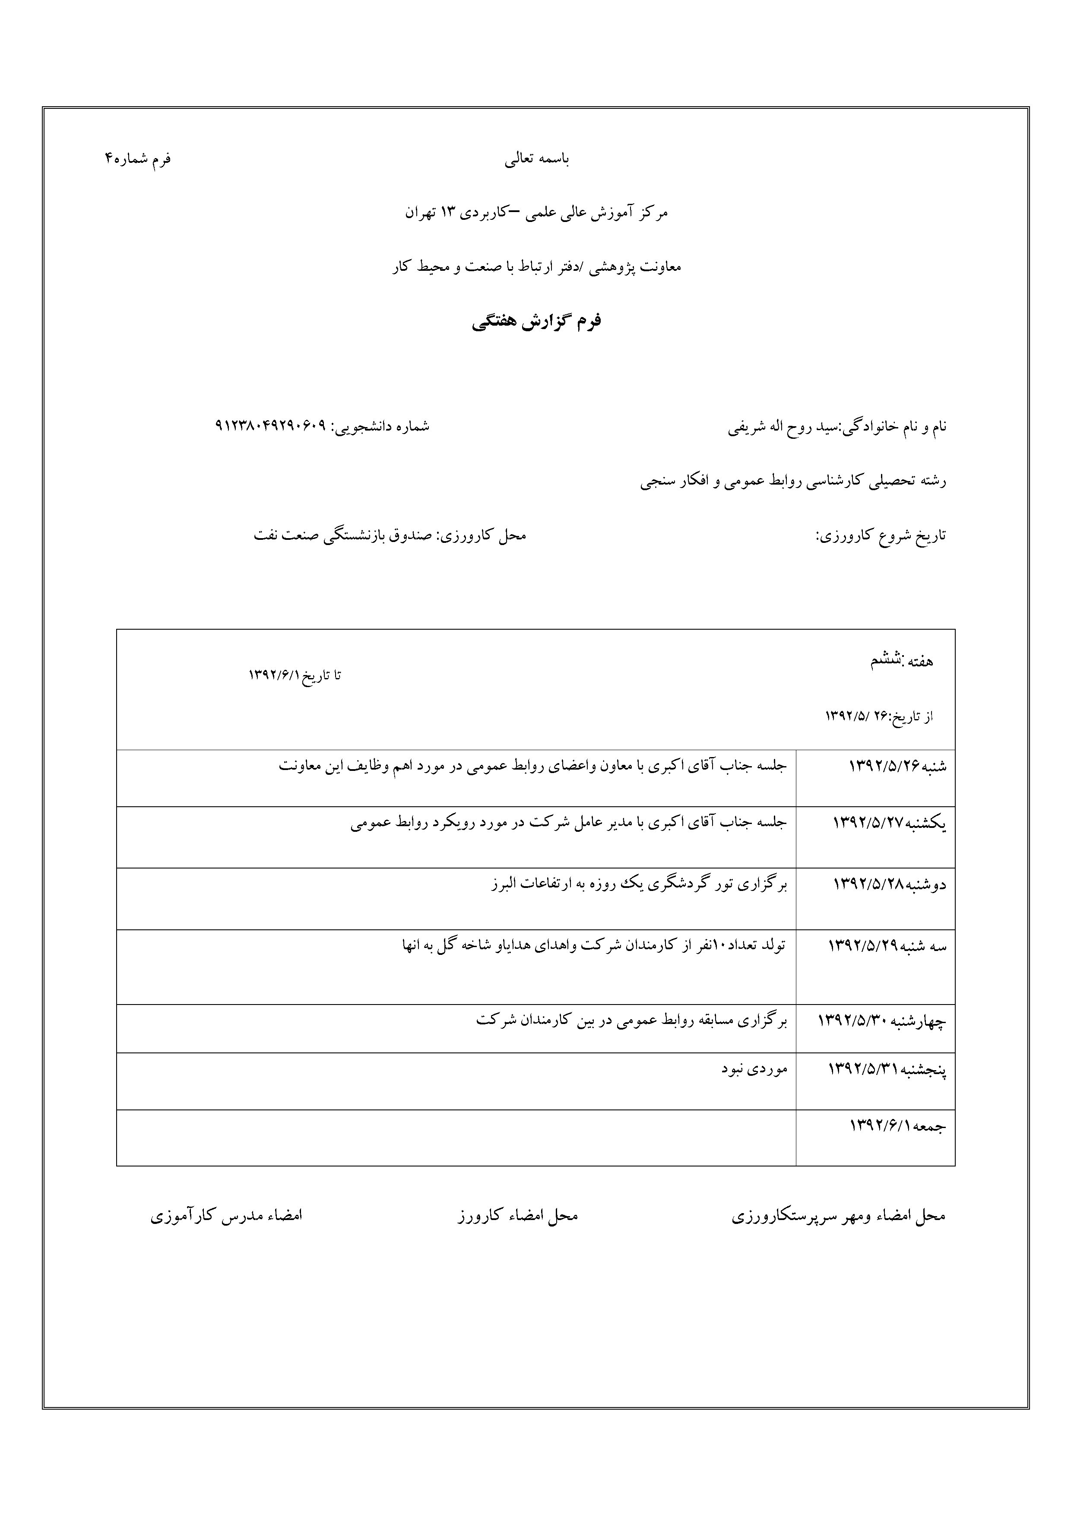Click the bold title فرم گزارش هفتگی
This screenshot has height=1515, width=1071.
point(536,322)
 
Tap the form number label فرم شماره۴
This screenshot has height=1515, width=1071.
point(137,159)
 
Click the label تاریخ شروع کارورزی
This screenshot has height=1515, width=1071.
point(881,535)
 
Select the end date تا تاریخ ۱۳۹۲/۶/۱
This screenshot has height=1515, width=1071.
point(295,676)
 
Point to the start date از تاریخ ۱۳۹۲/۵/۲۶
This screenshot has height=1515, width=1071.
point(879,716)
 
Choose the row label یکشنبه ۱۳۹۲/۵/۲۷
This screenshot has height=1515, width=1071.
point(890,823)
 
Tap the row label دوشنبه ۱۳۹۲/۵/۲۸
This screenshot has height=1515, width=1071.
point(890,884)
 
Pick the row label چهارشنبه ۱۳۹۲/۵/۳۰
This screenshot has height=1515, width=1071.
point(881,1021)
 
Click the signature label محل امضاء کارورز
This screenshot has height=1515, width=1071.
point(518,1215)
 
